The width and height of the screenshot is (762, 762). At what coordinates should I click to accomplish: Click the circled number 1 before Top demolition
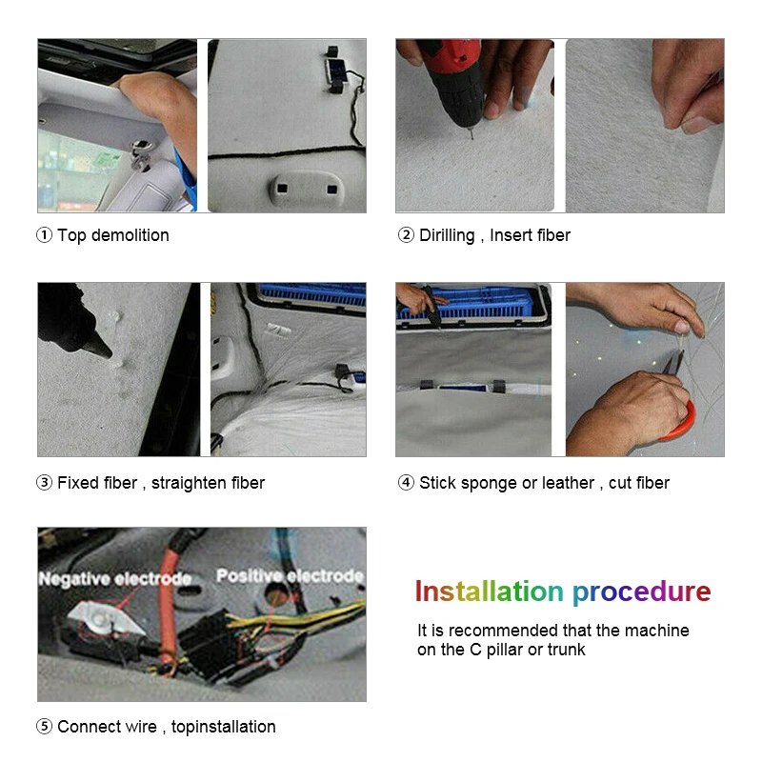(44, 235)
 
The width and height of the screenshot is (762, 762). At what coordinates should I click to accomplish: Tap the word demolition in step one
(130, 235)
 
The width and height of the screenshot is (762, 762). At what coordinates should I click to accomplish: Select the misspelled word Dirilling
(447, 235)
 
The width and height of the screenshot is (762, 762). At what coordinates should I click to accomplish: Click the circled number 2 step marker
(406, 235)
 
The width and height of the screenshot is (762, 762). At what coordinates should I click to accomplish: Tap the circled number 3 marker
(44, 483)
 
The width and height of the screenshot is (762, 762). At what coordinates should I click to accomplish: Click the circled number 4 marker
(406, 483)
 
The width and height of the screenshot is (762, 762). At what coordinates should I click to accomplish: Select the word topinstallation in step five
(223, 727)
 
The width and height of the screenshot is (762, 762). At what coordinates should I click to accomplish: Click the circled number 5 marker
(44, 727)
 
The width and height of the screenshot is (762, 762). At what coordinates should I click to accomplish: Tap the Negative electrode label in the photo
(114, 579)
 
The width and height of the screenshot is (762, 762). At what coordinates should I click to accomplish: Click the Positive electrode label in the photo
(290, 576)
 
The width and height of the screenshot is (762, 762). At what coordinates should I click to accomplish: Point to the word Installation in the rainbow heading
(489, 592)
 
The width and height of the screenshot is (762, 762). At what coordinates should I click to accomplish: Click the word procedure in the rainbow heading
(641, 592)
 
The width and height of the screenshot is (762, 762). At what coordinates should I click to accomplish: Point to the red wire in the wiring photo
(168, 612)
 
